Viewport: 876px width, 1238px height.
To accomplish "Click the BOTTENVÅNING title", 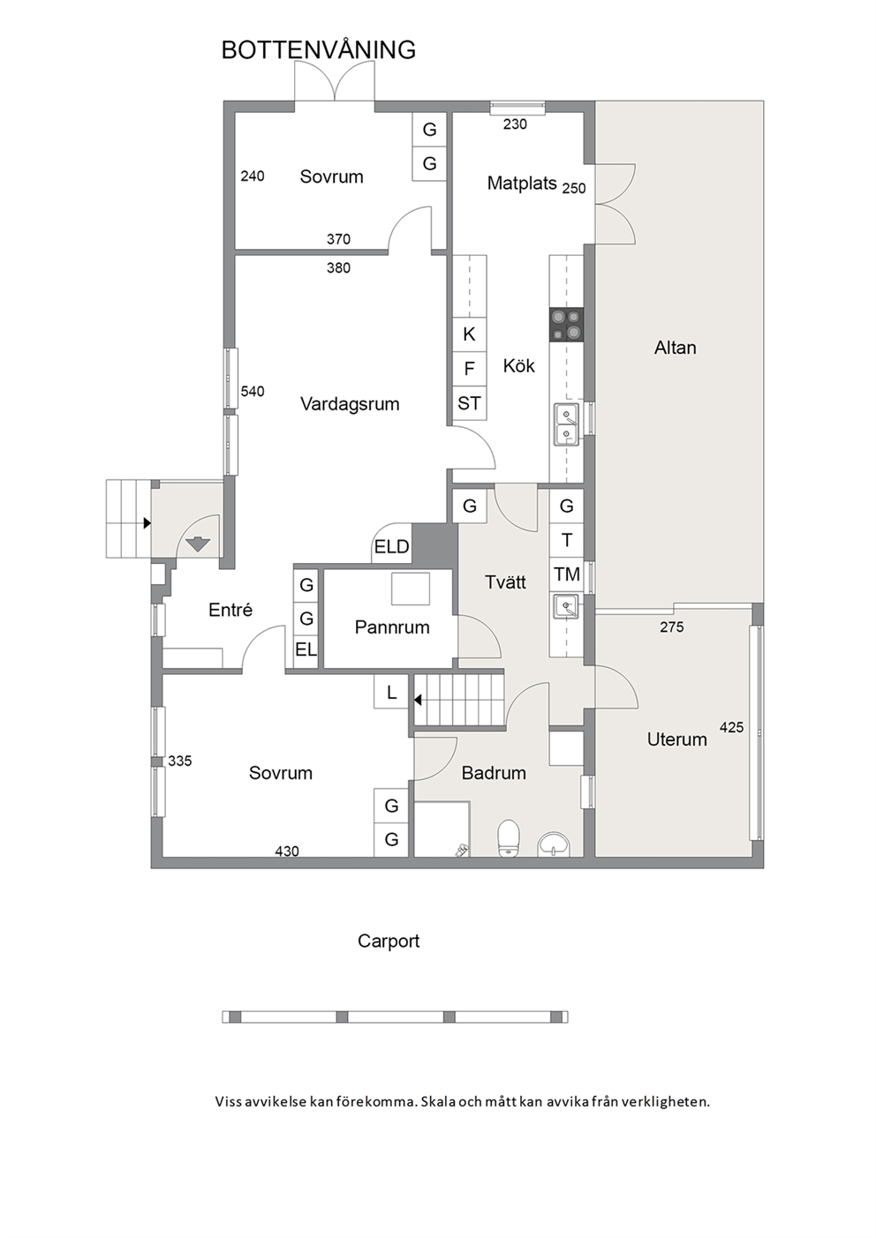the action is point(319,49).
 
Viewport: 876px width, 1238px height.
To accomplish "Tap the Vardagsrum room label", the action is point(350,404).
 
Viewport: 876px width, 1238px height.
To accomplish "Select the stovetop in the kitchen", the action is point(566,325).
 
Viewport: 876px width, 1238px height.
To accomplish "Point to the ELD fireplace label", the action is point(391,546).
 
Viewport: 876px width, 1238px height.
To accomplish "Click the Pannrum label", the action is point(392,627).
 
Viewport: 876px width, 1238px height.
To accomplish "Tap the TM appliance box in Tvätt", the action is point(567,574).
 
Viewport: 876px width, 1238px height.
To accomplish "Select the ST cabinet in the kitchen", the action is point(469,403).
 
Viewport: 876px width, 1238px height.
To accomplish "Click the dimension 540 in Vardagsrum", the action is point(253,391).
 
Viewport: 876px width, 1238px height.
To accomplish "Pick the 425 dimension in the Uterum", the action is point(732,727).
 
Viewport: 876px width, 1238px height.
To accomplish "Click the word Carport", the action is point(389,941).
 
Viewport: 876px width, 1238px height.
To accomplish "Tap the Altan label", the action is point(676,348).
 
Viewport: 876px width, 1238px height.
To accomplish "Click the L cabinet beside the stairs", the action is point(391,692).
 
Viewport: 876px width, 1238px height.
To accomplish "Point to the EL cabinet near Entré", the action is point(306,650).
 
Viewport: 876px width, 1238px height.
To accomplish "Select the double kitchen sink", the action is point(566,424).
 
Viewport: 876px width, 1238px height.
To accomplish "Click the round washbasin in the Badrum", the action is point(553,844).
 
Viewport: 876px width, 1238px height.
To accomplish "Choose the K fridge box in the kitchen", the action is point(469,334).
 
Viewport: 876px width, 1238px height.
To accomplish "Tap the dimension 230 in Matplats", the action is point(515,124).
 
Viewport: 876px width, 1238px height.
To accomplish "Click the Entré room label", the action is point(230,610).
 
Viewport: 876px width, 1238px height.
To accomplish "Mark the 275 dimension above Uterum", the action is point(672,627).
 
